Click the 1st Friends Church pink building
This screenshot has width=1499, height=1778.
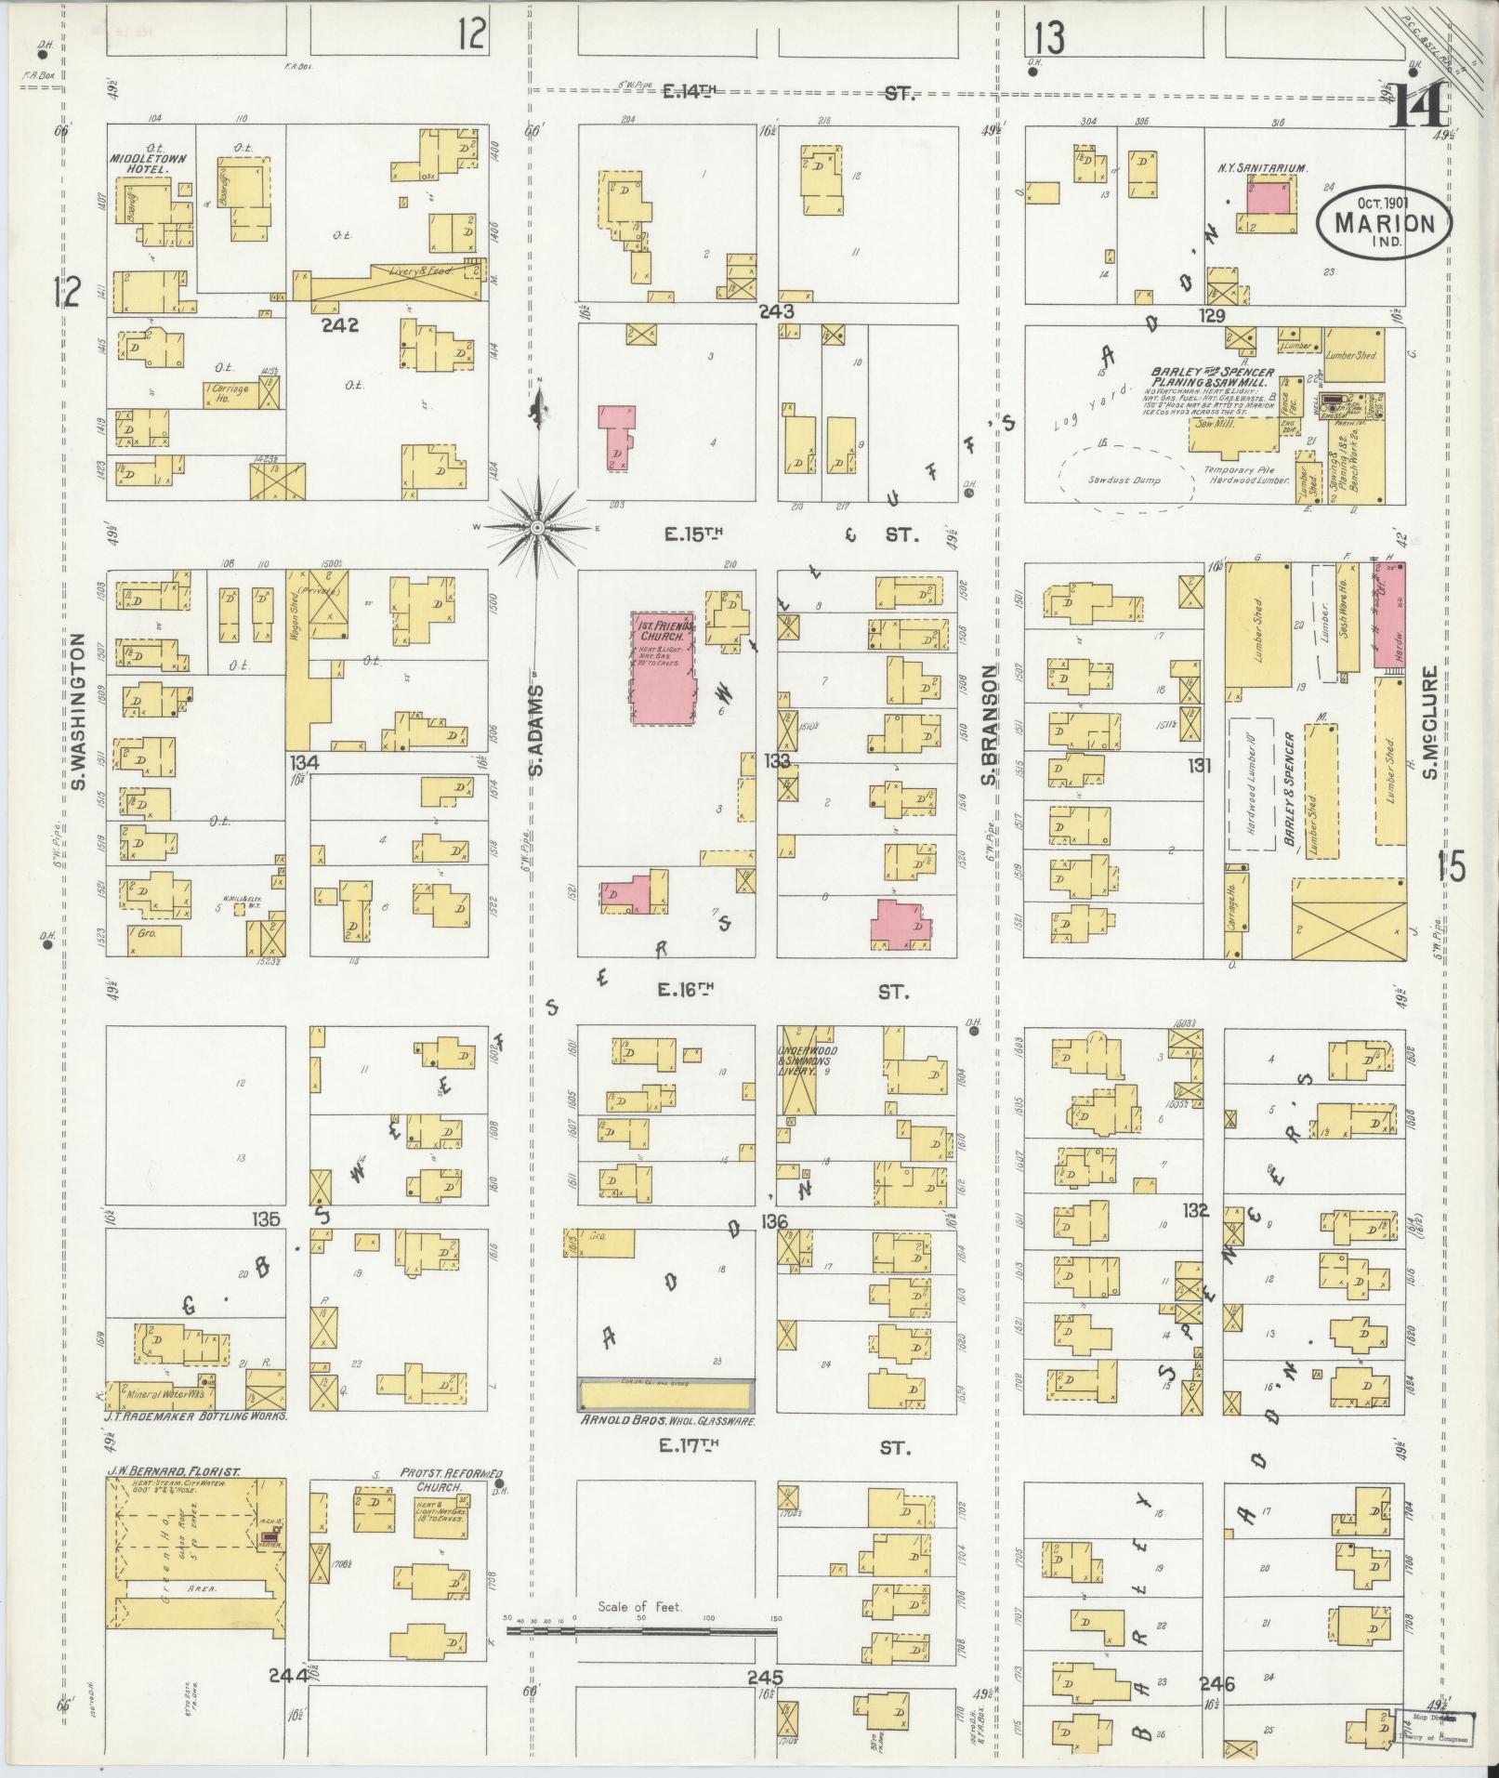pyautogui.click(x=663, y=666)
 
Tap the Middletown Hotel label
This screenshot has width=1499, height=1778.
pyautogui.click(x=149, y=165)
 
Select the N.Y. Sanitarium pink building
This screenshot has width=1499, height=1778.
pyautogui.click(x=1269, y=198)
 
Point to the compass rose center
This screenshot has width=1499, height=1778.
pyautogui.click(x=537, y=529)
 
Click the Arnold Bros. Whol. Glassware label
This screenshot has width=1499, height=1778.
pyautogui.click(x=665, y=1421)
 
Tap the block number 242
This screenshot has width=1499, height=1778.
pyautogui.click(x=340, y=325)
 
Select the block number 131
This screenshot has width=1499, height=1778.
pyautogui.click(x=1200, y=765)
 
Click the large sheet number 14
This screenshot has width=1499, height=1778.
pyautogui.click(x=1418, y=109)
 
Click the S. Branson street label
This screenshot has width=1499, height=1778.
pyautogui.click(x=991, y=725)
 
